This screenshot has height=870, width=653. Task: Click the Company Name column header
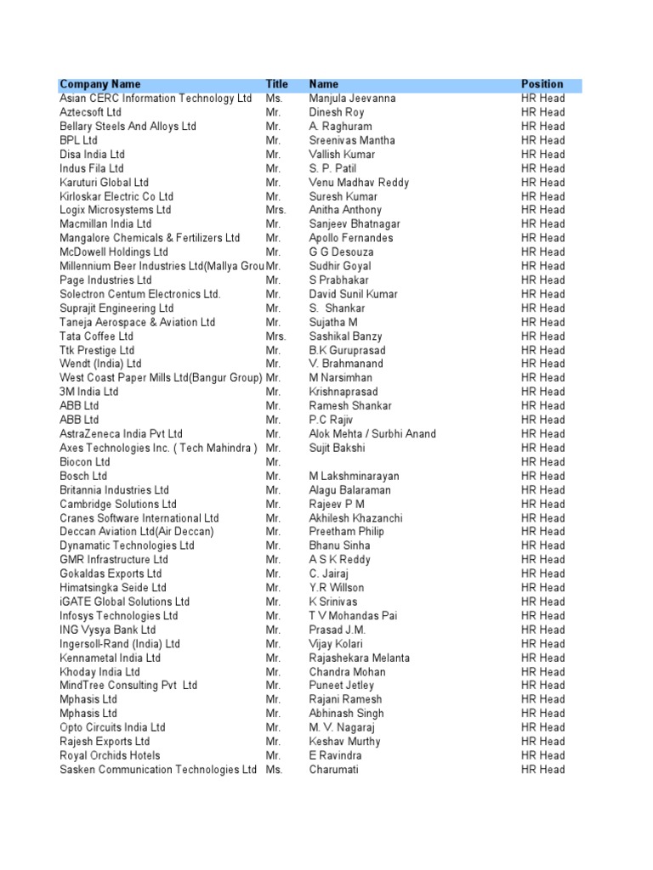pos(100,84)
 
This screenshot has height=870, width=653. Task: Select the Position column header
pos(542,84)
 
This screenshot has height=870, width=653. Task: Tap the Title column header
pos(277,84)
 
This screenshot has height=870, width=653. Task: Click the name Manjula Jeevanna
pos(352,99)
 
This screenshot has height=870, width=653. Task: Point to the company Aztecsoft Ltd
pos(90,112)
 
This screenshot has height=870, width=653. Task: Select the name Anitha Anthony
pos(345,210)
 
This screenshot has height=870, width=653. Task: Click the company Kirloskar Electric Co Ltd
pos(116,196)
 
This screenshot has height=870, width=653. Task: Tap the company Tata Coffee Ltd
pos(96,336)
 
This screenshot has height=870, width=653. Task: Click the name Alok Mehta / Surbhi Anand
pos(372,434)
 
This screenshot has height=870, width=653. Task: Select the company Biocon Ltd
pos(85,462)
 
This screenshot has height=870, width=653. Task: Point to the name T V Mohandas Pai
pos(353,616)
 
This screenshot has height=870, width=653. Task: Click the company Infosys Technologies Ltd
pos(119,616)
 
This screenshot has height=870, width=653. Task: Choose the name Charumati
pos(334,770)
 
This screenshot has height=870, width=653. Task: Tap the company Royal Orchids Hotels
pos(110,755)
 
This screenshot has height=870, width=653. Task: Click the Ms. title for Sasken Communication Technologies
pos(274,770)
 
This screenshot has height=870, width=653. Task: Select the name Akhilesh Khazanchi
pos(356,518)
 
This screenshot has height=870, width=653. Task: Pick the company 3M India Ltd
pos(89,393)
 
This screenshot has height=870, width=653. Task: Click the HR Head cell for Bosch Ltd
pos(542,477)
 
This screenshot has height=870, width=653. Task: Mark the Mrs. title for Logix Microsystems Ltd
pos(276,210)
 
